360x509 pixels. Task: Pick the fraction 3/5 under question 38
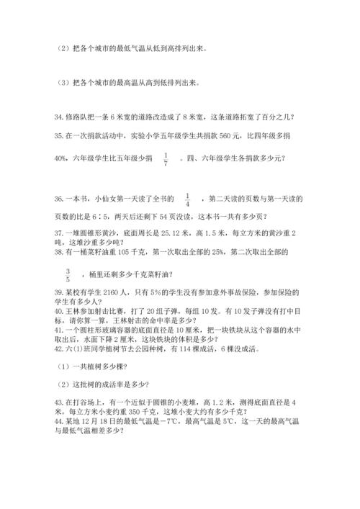[68, 275]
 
